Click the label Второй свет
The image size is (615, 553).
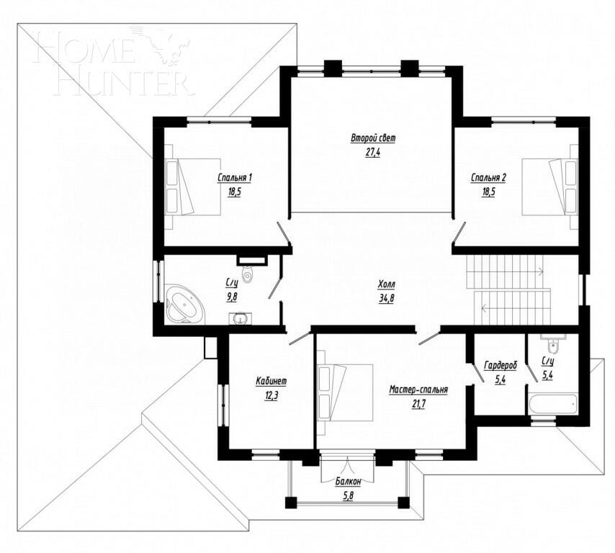tap(373, 138)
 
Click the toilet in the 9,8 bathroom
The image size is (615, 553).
tap(248, 274)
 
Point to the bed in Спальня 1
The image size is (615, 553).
tap(192, 186)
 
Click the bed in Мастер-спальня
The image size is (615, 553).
tap(346, 392)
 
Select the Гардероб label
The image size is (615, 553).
tap(500, 366)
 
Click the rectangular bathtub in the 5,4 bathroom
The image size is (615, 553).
tap(553, 403)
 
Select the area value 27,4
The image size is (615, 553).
tap(373, 152)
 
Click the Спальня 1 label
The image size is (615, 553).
tap(235, 178)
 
